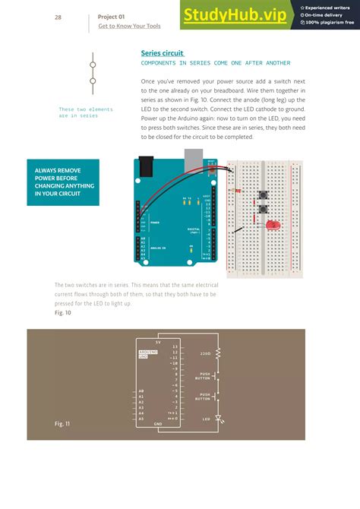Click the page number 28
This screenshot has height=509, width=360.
(58, 17)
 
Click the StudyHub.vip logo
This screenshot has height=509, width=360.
(235, 15)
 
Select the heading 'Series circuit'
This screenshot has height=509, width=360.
(162, 53)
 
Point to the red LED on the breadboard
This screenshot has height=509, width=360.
(272, 224)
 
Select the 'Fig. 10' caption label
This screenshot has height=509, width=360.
(63, 312)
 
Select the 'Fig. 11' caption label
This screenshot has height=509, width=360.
(62, 422)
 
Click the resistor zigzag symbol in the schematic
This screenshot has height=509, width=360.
(219, 353)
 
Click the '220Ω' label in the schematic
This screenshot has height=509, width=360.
(205, 354)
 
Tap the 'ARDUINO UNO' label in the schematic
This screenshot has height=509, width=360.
(147, 355)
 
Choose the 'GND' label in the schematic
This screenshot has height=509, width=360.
(158, 424)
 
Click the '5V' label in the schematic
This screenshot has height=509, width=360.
(158, 342)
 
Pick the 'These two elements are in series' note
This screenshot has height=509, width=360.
(86, 112)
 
